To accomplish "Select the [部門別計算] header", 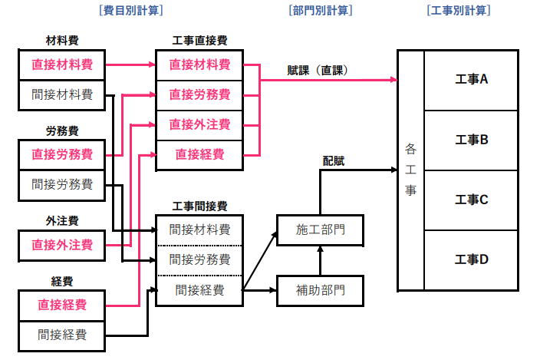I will pyautogui.click(x=321, y=11).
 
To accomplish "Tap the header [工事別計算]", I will pyautogui.click(x=458, y=11).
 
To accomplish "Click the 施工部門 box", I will pyautogui.click(x=321, y=230).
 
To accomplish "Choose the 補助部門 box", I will pyautogui.click(x=321, y=290).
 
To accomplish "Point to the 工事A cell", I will pyautogui.click(x=472, y=79).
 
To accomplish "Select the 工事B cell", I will pyautogui.click(x=472, y=140).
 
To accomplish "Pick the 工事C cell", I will pyautogui.click(x=472, y=200).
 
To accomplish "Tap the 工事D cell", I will pyautogui.click(x=472, y=259).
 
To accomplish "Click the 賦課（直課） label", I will pyautogui.click(x=315, y=70).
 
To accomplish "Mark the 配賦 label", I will pyautogui.click(x=333, y=160).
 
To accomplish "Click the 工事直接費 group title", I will pyautogui.click(x=199, y=40).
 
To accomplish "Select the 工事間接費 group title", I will pyautogui.click(x=199, y=206).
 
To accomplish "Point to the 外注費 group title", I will pyautogui.click(x=62, y=221).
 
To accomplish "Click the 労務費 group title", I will pyautogui.click(x=62, y=130).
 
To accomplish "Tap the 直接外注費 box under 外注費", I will pyautogui.click(x=62, y=245).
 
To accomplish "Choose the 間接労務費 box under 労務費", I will pyautogui.click(x=62, y=184).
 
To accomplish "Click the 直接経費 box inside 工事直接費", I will pyautogui.click(x=199, y=154).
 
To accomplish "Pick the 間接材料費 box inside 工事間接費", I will pyautogui.click(x=199, y=229).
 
